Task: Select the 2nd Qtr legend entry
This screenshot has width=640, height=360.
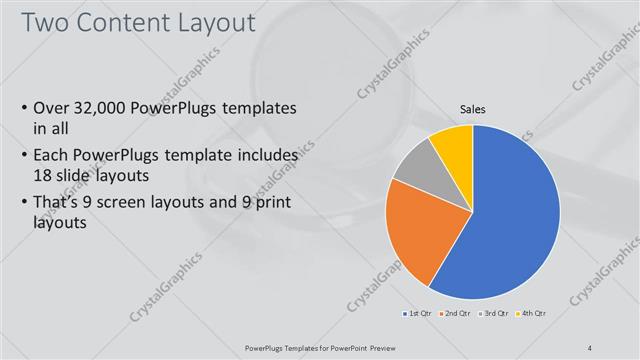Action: [x=456, y=314]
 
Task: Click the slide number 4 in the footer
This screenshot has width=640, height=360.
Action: [x=591, y=347]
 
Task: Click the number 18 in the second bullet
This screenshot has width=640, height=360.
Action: [x=43, y=174]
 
